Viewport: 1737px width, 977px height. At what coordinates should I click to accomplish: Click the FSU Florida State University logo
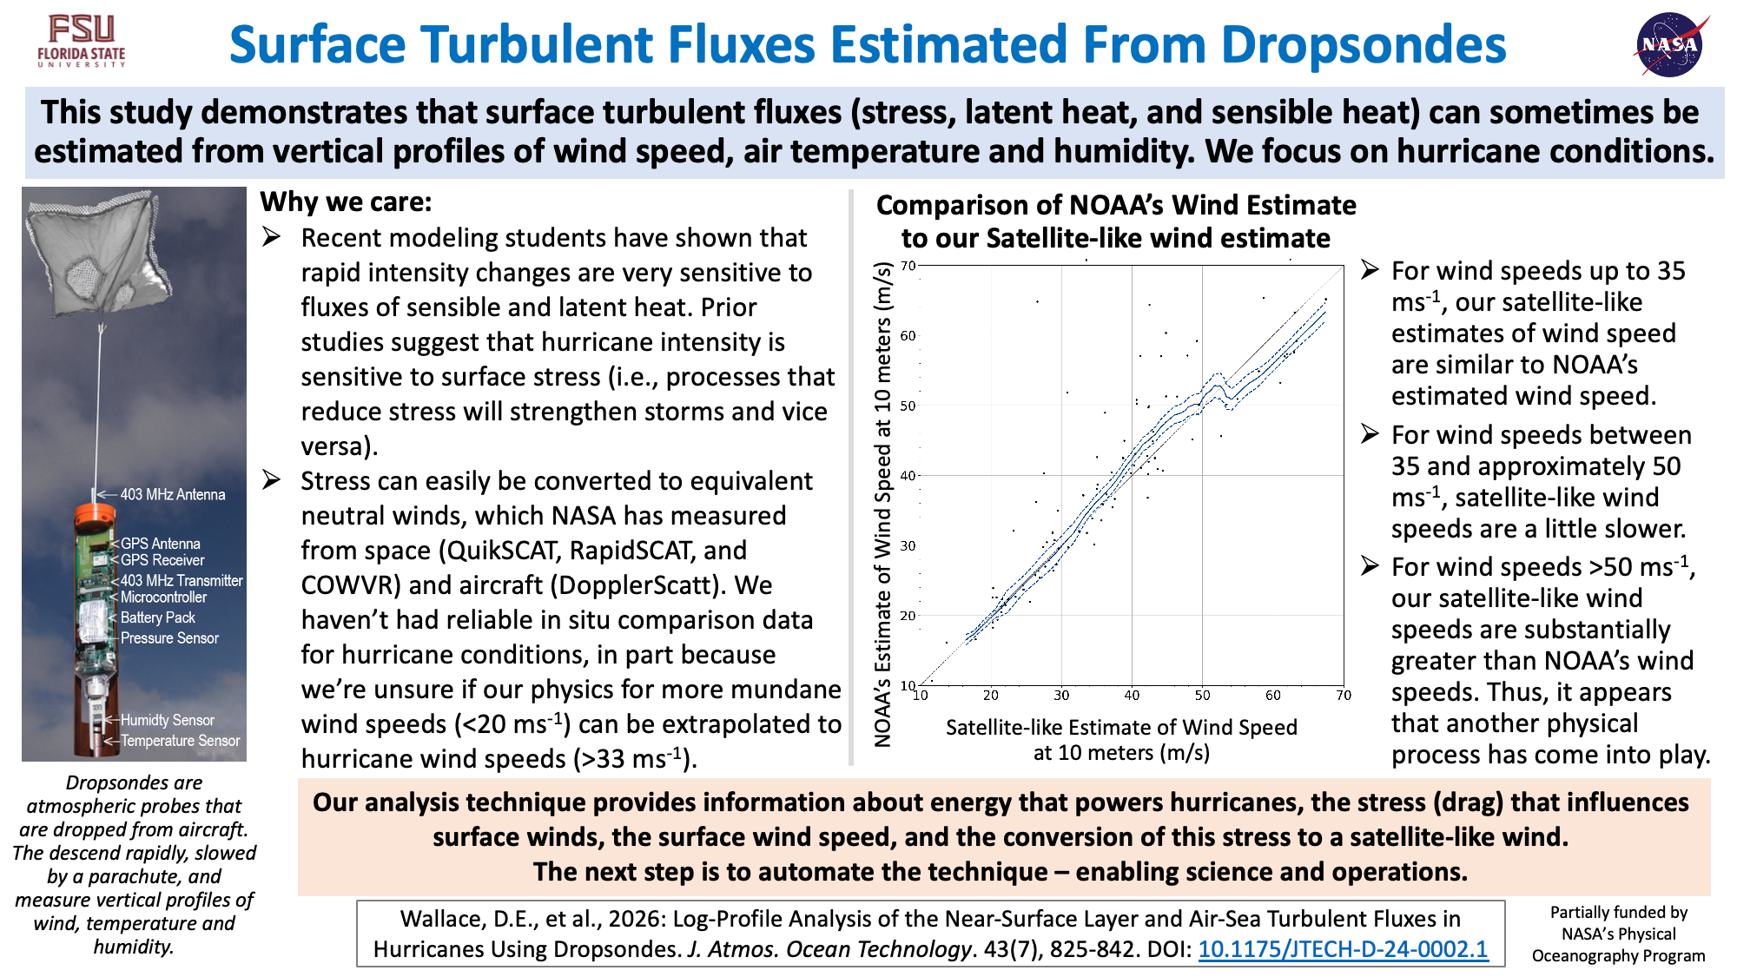tap(82, 41)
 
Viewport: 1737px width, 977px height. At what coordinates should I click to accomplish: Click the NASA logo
tap(1670, 44)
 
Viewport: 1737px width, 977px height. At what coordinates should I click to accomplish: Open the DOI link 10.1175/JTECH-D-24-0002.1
tap(1343, 949)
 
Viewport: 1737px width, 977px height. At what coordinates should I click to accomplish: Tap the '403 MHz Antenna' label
tap(173, 494)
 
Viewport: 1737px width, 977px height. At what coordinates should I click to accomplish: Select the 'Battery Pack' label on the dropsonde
tap(158, 617)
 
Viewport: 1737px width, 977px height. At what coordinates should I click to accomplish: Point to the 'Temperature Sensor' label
tap(181, 741)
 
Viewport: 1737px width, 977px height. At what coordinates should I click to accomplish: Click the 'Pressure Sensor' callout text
tap(169, 638)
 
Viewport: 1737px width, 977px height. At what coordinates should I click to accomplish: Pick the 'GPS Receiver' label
tap(162, 560)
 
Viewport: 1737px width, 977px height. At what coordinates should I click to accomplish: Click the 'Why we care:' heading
tap(346, 201)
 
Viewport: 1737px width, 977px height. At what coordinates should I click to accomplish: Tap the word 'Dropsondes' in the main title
tap(1364, 45)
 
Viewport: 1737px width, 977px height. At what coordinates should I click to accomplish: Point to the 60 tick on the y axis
tap(908, 335)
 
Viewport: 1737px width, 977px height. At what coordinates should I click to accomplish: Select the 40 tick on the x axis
tap(1132, 695)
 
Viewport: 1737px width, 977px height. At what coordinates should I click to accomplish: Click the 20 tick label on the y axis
tap(908, 616)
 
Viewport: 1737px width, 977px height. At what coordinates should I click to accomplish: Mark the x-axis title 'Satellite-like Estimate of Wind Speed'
tap(1121, 727)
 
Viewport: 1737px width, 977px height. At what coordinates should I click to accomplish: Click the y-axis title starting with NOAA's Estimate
tap(883, 504)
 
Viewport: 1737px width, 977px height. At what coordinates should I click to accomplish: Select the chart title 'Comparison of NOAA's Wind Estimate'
tap(1116, 205)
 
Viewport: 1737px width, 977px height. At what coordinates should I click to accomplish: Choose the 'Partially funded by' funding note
tap(1619, 912)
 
